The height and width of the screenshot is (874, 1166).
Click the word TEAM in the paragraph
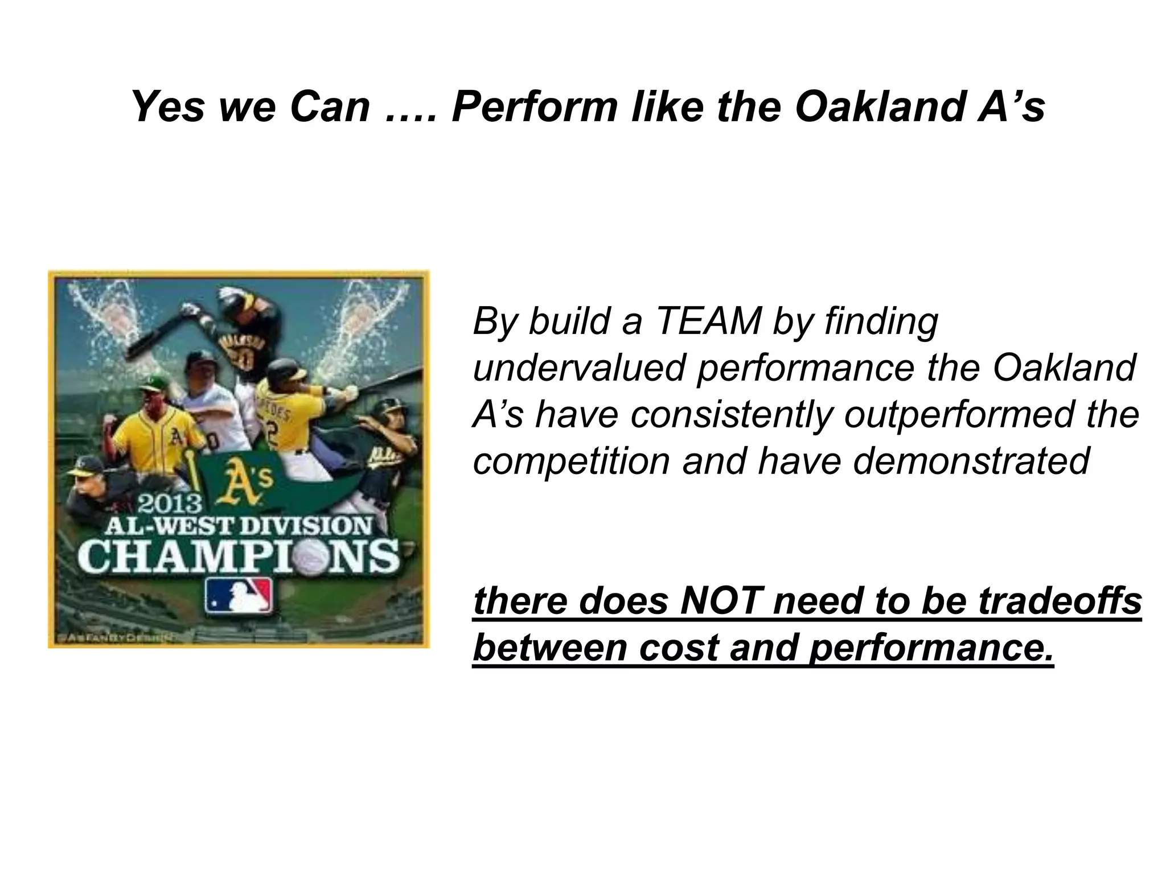pyautogui.click(x=709, y=321)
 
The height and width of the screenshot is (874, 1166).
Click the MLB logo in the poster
pyautogui.click(x=239, y=596)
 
